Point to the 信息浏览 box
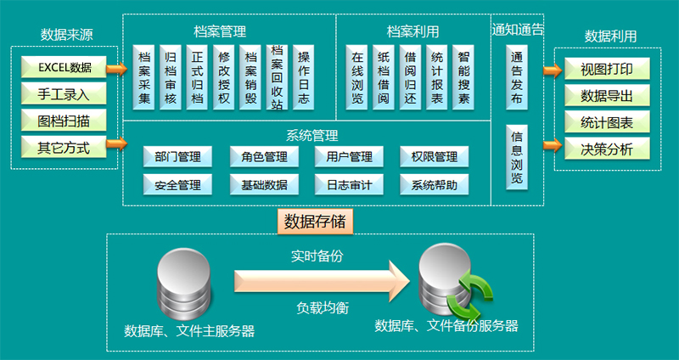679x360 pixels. tap(517, 157)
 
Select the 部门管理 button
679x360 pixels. tap(177, 157)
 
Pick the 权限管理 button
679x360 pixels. tap(434, 157)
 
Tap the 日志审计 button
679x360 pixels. tap(349, 184)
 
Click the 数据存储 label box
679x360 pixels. tap(315, 222)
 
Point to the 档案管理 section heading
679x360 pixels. tap(219, 31)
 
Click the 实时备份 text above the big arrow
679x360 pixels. tap(317, 255)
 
